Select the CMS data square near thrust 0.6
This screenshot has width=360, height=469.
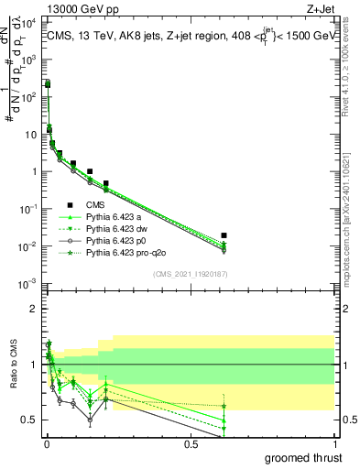(224, 235)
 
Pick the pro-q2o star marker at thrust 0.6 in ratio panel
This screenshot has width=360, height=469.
(224, 406)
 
